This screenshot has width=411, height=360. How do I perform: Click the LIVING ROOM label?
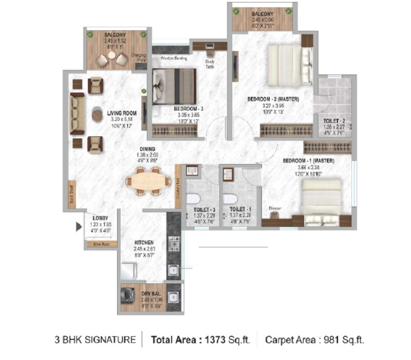(x=121, y=113)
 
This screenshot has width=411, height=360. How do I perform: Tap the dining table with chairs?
(x=149, y=181)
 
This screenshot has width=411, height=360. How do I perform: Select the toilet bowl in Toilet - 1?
(x=230, y=199)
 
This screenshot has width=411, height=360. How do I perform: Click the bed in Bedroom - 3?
(x=174, y=86)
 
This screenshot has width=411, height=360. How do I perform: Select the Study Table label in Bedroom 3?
(x=210, y=63)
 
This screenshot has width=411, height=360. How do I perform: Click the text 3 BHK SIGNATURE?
(x=96, y=340)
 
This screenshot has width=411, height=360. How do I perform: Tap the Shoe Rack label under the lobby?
(x=101, y=244)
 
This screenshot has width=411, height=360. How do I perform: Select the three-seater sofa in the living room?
(x=78, y=114)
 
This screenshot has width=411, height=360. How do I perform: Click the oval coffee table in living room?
(x=97, y=114)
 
